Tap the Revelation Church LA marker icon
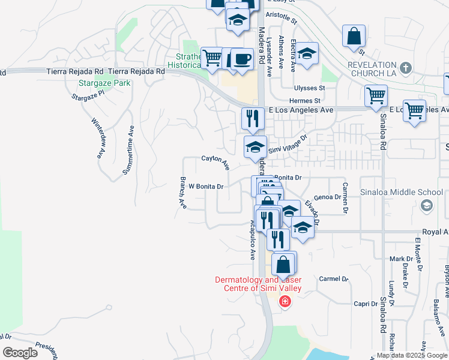pyautogui.click(x=406, y=67)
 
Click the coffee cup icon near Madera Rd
pyautogui.click(x=242, y=59)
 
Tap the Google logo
pyautogui.click(x=20, y=352)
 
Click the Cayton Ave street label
pyautogui.click(x=215, y=160)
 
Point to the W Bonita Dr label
pyautogui.click(x=206, y=186)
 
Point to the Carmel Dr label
pyautogui.click(x=334, y=279)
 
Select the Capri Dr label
pyautogui.click(x=365, y=304)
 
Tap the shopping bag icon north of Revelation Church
pyautogui.click(x=354, y=36)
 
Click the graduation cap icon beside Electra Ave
pyautogui.click(x=307, y=53)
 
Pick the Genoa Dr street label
pyautogui.click(x=327, y=196)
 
